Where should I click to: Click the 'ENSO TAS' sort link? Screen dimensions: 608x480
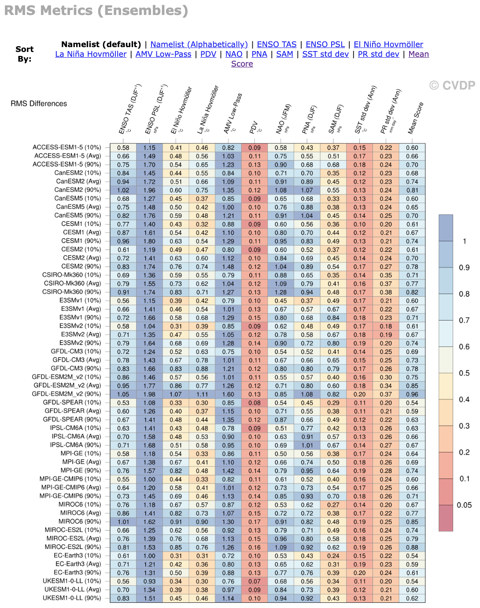pyautogui.click(x=277, y=44)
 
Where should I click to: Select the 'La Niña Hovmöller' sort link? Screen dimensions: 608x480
pyautogui.click(x=91, y=54)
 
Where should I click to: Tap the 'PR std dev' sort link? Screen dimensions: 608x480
pyautogui.click(x=378, y=54)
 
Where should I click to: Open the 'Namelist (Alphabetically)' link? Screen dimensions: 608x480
pyautogui.click(x=199, y=44)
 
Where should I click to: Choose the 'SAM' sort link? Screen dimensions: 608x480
pyautogui.click(x=284, y=54)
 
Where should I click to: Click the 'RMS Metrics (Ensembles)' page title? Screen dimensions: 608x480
pyautogui.click(x=96, y=11)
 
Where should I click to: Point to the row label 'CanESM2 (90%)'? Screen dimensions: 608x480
pyautogui.click(x=78, y=190)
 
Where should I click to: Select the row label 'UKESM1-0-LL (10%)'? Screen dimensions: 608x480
pyautogui.click(x=72, y=581)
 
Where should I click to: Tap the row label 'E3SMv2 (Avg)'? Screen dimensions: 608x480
pyautogui.click(x=81, y=334)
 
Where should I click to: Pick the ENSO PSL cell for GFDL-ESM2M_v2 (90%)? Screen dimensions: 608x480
pyautogui.click(x=149, y=394)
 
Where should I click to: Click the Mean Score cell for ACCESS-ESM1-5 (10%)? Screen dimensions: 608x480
pyautogui.click(x=412, y=148)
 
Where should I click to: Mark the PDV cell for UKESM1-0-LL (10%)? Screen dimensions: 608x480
pyautogui.click(x=255, y=581)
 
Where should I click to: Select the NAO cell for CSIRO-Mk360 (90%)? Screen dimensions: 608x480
pyautogui.click(x=281, y=292)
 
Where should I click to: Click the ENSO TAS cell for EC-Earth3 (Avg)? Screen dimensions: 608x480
pyautogui.click(x=123, y=564)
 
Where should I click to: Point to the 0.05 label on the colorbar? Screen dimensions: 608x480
pyautogui.click(x=464, y=505)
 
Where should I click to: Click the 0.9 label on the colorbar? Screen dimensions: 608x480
pyautogui.click(x=464, y=268)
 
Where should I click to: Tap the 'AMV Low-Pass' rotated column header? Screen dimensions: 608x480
pyautogui.click(x=232, y=114)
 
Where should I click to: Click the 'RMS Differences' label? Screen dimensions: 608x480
pyautogui.click(x=39, y=103)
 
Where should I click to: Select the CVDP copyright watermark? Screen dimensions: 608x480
pyautogui.click(x=452, y=85)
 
